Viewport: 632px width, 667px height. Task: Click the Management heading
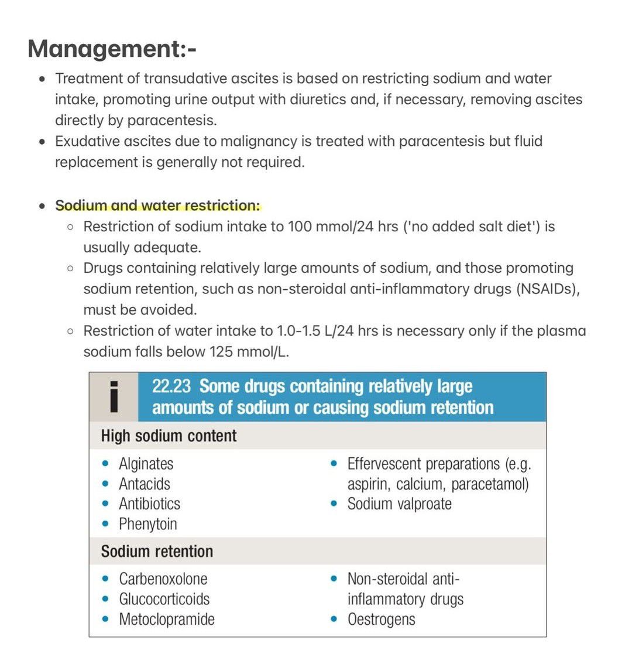[112, 49]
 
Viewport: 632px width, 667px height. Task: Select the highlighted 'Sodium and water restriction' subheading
[157, 206]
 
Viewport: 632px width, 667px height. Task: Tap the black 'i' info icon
[114, 396]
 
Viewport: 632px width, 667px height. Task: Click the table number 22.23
[171, 386]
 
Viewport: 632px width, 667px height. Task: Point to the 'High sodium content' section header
[169, 436]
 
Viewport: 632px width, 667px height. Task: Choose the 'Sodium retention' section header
[157, 551]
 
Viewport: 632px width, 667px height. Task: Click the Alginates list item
[146, 464]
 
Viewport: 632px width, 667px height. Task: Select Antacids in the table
[144, 484]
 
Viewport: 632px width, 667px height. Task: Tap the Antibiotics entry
[149, 504]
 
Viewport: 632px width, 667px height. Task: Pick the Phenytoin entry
[147, 524]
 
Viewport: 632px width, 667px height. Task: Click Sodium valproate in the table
[399, 504]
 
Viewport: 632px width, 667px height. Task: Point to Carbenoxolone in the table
[163, 579]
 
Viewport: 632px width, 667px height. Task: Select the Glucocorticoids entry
[164, 598]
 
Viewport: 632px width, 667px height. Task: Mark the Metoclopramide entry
[166, 619]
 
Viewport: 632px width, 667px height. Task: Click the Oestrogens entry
[381, 619]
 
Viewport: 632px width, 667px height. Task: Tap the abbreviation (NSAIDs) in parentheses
[548, 289]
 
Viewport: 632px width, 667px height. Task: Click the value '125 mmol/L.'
[249, 352]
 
